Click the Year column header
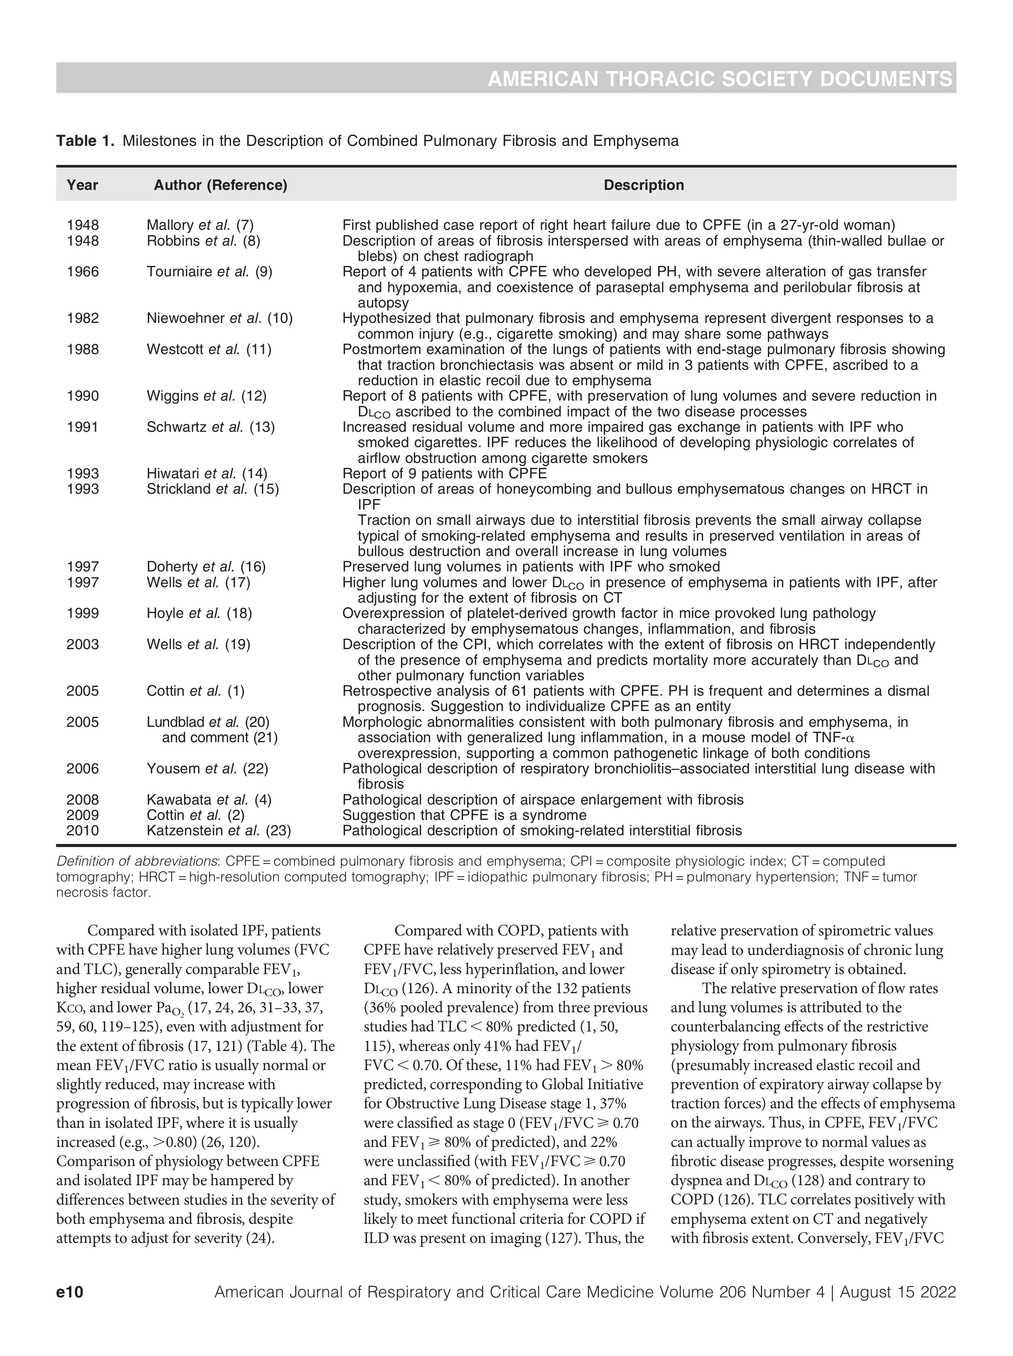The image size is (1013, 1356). click(82, 185)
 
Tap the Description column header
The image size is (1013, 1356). click(644, 185)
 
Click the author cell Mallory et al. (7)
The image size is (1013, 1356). click(200, 226)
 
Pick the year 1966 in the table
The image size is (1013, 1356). click(83, 271)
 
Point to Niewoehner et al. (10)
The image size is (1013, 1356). click(219, 318)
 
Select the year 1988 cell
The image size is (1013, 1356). click(83, 349)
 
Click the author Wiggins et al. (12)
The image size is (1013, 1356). click(207, 396)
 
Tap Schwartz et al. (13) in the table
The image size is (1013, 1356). click(210, 427)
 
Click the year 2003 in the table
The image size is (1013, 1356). click(83, 644)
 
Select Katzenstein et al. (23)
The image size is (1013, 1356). click(219, 831)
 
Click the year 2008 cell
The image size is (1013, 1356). click(83, 800)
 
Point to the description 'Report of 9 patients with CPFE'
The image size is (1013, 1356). click(444, 473)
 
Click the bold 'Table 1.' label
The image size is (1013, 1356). click(85, 141)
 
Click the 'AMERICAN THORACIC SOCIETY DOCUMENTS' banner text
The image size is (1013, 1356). click(720, 79)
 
